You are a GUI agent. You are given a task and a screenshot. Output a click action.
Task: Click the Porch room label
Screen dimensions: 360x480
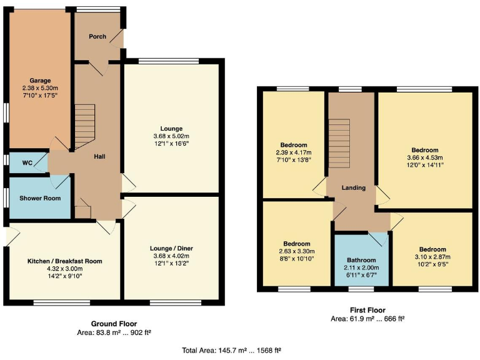tap(97, 36)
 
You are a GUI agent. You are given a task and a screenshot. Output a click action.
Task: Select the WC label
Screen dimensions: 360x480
tap(27, 163)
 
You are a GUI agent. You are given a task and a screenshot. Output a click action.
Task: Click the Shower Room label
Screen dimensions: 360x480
tap(34, 198)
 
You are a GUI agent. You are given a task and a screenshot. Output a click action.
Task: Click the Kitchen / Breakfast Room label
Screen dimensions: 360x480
tap(64, 261)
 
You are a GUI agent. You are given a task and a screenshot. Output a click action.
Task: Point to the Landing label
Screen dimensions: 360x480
tap(353, 187)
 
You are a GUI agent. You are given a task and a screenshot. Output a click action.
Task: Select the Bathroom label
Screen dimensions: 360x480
tap(362, 260)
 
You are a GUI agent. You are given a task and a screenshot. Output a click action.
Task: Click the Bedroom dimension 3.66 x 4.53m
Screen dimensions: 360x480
tap(424, 157)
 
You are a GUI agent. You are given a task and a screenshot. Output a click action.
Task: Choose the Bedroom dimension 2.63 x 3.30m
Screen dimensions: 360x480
tap(296, 251)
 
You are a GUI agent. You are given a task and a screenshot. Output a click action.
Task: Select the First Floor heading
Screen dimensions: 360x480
tap(367, 310)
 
